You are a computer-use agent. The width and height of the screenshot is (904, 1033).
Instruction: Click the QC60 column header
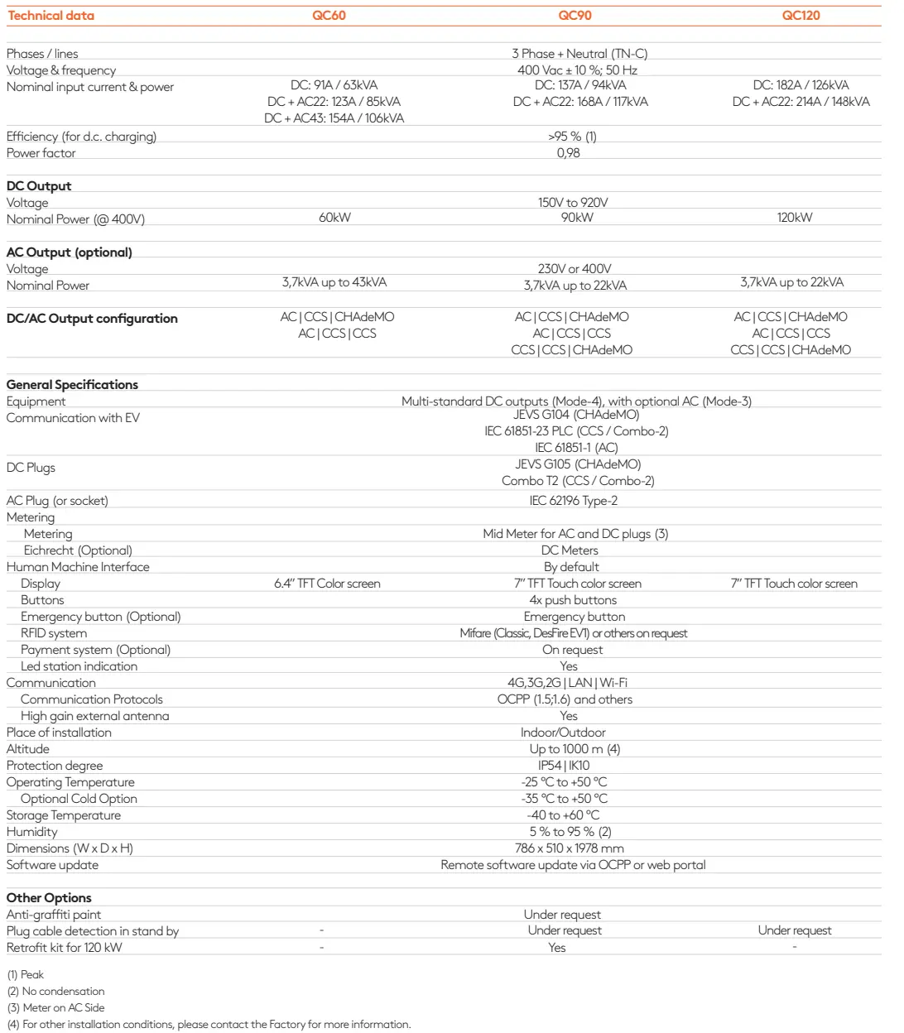(329, 16)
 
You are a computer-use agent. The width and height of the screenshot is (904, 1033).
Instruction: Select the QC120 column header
(801, 16)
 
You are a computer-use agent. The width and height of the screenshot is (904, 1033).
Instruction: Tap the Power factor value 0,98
(568, 153)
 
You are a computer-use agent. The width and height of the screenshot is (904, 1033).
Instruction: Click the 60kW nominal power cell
(334, 218)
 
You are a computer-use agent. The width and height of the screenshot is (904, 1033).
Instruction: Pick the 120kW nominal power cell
(794, 218)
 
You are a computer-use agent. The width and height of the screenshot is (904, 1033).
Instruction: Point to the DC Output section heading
(39, 186)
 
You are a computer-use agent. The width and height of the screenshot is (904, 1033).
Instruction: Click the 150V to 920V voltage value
(573, 203)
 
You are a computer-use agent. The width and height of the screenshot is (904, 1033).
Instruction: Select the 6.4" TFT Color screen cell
(327, 584)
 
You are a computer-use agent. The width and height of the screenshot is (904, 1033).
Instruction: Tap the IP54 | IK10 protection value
(564, 766)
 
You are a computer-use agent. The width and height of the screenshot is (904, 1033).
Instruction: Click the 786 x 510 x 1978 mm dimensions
(569, 848)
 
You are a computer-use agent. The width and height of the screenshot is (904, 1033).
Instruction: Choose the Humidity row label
(32, 832)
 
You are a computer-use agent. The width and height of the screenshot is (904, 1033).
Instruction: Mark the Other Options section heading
(49, 898)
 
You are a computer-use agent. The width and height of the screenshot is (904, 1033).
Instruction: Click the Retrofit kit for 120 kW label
(64, 948)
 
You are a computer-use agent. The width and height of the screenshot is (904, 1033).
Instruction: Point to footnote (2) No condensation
(55, 992)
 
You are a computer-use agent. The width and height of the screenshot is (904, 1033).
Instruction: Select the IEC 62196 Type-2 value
(573, 501)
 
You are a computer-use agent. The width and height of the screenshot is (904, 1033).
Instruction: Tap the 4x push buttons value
(573, 600)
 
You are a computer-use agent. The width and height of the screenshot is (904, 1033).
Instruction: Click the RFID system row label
(54, 633)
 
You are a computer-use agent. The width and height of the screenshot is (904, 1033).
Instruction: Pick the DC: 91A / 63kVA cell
(334, 85)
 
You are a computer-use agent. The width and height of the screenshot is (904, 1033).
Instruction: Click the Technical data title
(50, 16)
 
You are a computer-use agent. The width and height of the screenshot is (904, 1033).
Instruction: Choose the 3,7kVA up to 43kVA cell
(334, 282)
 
